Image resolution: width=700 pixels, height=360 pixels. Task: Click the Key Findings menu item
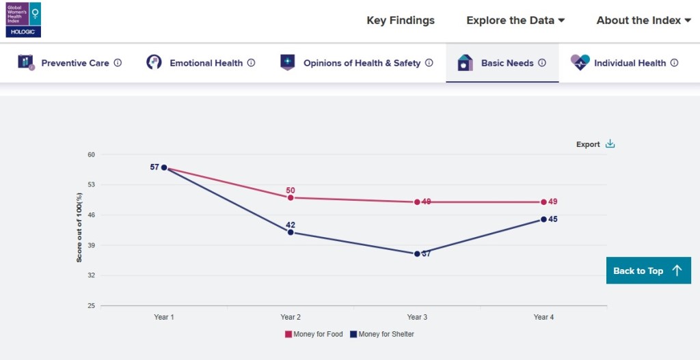point(401,20)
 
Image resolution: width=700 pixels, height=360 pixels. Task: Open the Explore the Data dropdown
point(515,20)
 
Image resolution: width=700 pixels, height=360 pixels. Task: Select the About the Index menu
point(643,20)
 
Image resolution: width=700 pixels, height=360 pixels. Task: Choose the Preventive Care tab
point(75,63)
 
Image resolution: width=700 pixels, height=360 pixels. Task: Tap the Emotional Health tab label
point(206,63)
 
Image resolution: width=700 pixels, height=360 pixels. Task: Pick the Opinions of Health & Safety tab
point(362,63)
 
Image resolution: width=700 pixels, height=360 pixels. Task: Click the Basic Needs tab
point(507,63)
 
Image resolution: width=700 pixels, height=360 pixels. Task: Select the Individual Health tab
point(630,63)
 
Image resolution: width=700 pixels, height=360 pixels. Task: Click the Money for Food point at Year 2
point(291,197)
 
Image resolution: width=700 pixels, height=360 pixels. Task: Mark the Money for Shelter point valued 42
point(291,232)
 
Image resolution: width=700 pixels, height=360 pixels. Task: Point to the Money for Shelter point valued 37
point(417,253)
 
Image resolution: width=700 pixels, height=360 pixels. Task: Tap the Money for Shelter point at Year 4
point(543,219)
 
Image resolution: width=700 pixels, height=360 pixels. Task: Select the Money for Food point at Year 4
point(543,202)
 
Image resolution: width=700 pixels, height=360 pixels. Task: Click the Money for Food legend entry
point(314,334)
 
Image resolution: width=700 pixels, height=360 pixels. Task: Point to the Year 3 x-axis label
point(417,317)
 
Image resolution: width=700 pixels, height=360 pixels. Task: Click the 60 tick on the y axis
point(91,154)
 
